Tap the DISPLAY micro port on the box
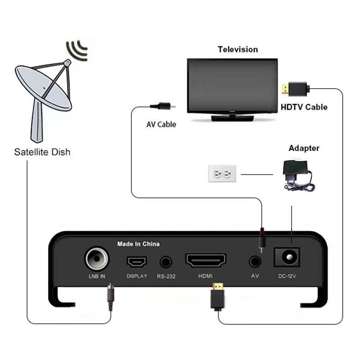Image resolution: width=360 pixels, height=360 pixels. coord(136,261)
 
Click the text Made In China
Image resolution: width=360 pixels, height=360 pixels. coord(138,244)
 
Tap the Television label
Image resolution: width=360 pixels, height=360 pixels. coord(238,49)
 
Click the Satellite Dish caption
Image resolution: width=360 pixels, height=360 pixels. coord(42,152)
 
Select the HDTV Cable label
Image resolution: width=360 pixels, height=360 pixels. coord(304,107)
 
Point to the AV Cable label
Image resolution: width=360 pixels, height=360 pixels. coord(161,124)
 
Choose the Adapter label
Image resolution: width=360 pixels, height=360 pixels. coord(304,148)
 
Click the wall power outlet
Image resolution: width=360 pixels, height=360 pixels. coord(223,173)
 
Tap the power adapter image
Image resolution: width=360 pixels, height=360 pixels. coord(297,175)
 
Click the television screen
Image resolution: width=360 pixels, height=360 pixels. coord(231,86)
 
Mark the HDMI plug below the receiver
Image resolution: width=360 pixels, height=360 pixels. coord(217,297)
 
